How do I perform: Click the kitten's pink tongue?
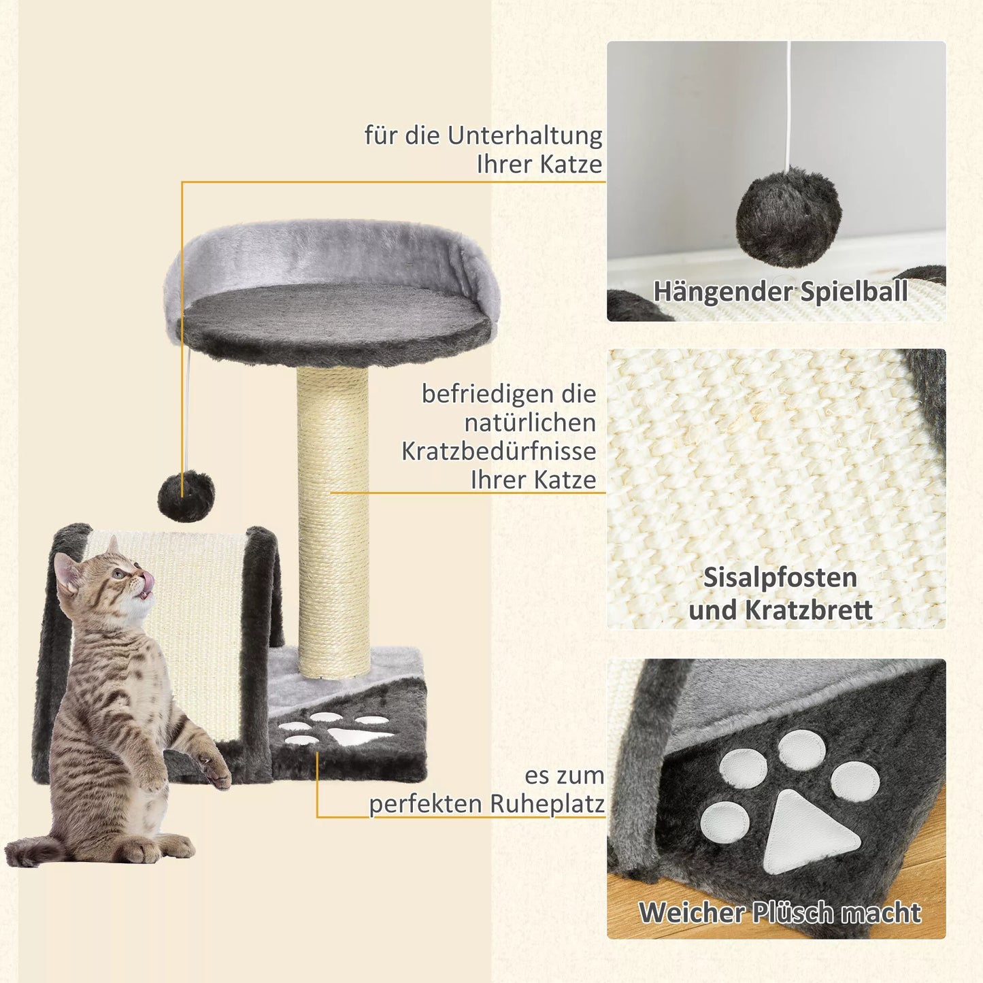click(x=147, y=582)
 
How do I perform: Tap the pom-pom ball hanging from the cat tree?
click(x=186, y=496)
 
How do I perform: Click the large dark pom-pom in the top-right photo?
click(x=788, y=216)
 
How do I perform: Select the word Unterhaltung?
click(x=524, y=136)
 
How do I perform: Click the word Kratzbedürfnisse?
click(x=499, y=451)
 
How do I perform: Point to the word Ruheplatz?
click(x=546, y=804)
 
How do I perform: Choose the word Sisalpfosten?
click(x=780, y=578)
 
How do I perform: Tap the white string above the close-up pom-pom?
click(x=788, y=102)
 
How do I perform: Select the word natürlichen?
click(x=530, y=422)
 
